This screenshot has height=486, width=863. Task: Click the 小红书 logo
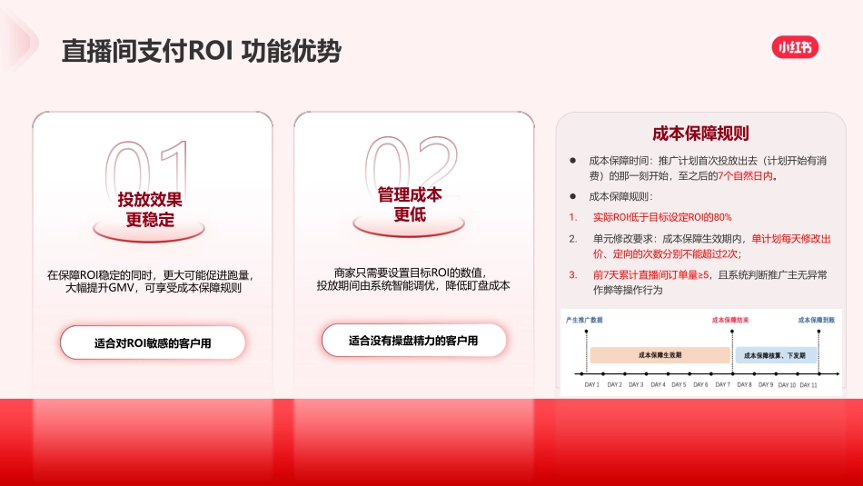click(x=795, y=46)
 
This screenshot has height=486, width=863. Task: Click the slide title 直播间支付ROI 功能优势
click(x=201, y=51)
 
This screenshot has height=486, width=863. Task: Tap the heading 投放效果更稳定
click(x=150, y=209)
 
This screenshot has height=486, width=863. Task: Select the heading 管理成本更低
click(x=410, y=204)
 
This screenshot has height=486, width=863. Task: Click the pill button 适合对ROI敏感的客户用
click(x=153, y=343)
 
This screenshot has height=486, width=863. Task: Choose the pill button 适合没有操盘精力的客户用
click(x=413, y=341)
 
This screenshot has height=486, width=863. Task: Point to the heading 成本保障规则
click(x=700, y=134)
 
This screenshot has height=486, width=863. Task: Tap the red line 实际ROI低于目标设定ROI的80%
click(x=661, y=217)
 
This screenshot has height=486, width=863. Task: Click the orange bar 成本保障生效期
click(x=660, y=355)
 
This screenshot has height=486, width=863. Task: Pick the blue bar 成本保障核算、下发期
click(x=776, y=355)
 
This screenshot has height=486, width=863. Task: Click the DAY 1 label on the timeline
click(x=591, y=385)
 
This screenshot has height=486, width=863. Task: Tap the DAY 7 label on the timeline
click(x=722, y=385)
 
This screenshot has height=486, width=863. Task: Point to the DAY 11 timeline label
click(x=808, y=385)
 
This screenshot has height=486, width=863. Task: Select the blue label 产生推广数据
click(x=584, y=320)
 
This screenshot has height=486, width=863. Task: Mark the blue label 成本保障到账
click(x=816, y=320)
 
